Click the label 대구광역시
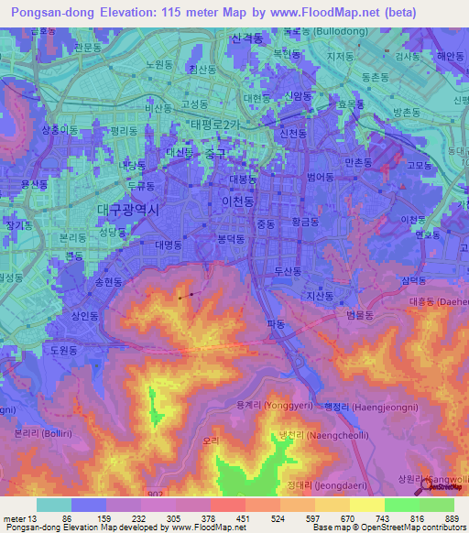128,210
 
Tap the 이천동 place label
240,200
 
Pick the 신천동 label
291,134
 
